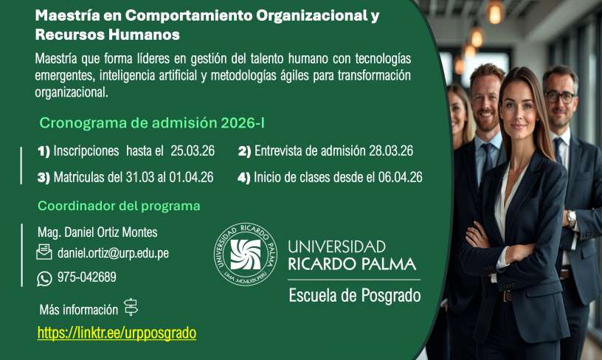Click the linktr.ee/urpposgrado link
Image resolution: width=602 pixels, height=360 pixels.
coord(117,333)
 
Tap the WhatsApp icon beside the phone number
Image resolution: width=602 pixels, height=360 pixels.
coord(44,279)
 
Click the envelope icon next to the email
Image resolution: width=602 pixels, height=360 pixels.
coord(44,252)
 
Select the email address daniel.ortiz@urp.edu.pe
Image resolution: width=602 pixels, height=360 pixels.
coord(114,253)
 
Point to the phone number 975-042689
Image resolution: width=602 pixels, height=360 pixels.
coord(87,277)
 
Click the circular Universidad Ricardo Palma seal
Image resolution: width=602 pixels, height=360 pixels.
coord(246,255)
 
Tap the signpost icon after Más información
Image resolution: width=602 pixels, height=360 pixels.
coord(131,307)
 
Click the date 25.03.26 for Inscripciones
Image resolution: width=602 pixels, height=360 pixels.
coord(193,150)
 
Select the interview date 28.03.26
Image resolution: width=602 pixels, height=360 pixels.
coord(391,150)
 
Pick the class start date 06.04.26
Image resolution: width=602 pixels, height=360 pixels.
coord(400,177)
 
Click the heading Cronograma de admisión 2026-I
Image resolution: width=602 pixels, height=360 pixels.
coord(152,123)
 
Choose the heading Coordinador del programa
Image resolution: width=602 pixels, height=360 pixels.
coord(119,206)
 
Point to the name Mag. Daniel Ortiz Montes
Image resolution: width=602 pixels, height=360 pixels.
coord(97,232)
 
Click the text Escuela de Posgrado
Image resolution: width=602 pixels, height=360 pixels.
coord(355,296)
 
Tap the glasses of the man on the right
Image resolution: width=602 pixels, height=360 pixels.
coord(561,97)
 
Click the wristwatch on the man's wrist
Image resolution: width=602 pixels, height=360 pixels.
coord(571,218)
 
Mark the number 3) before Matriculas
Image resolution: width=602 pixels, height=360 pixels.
coord(44,178)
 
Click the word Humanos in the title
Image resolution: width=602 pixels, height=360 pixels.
coord(144,35)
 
